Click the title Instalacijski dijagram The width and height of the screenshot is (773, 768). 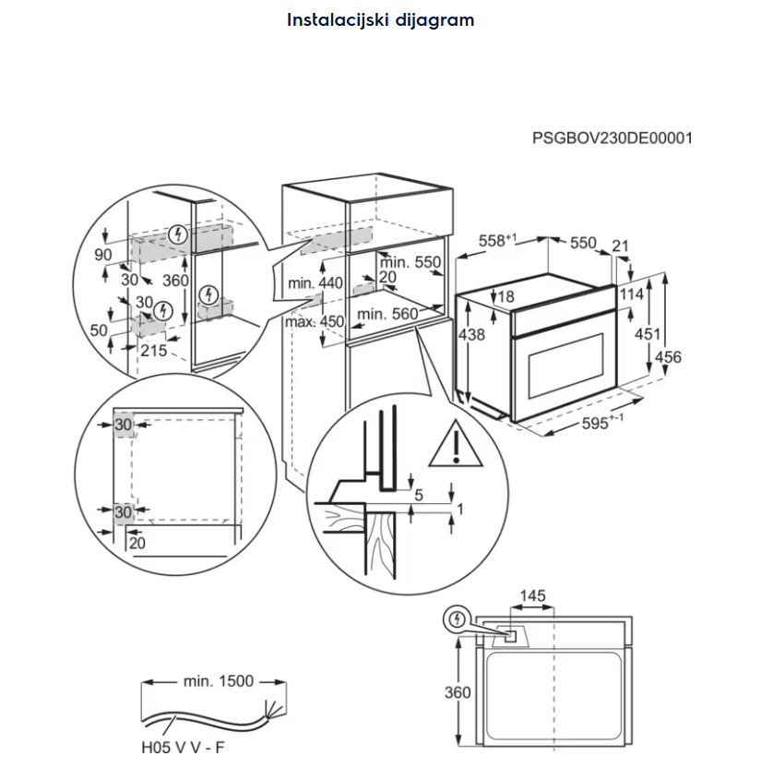(380, 19)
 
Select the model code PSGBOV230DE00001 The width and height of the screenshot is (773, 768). (612, 138)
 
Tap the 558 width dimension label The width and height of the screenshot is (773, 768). (495, 240)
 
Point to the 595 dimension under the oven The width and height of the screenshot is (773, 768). (603, 423)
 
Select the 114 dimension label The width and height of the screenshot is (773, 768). (632, 294)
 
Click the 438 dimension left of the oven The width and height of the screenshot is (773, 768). (470, 335)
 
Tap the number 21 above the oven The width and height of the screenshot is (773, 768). (619, 245)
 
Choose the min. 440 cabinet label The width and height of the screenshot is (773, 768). (315, 283)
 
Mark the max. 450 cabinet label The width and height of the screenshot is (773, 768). (315, 322)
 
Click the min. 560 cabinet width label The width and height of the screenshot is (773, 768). (387, 314)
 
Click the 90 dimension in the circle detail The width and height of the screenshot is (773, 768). (102, 254)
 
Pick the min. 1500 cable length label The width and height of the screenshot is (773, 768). (218, 681)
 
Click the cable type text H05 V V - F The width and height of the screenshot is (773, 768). (182, 747)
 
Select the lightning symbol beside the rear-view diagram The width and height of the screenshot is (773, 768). (456, 620)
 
